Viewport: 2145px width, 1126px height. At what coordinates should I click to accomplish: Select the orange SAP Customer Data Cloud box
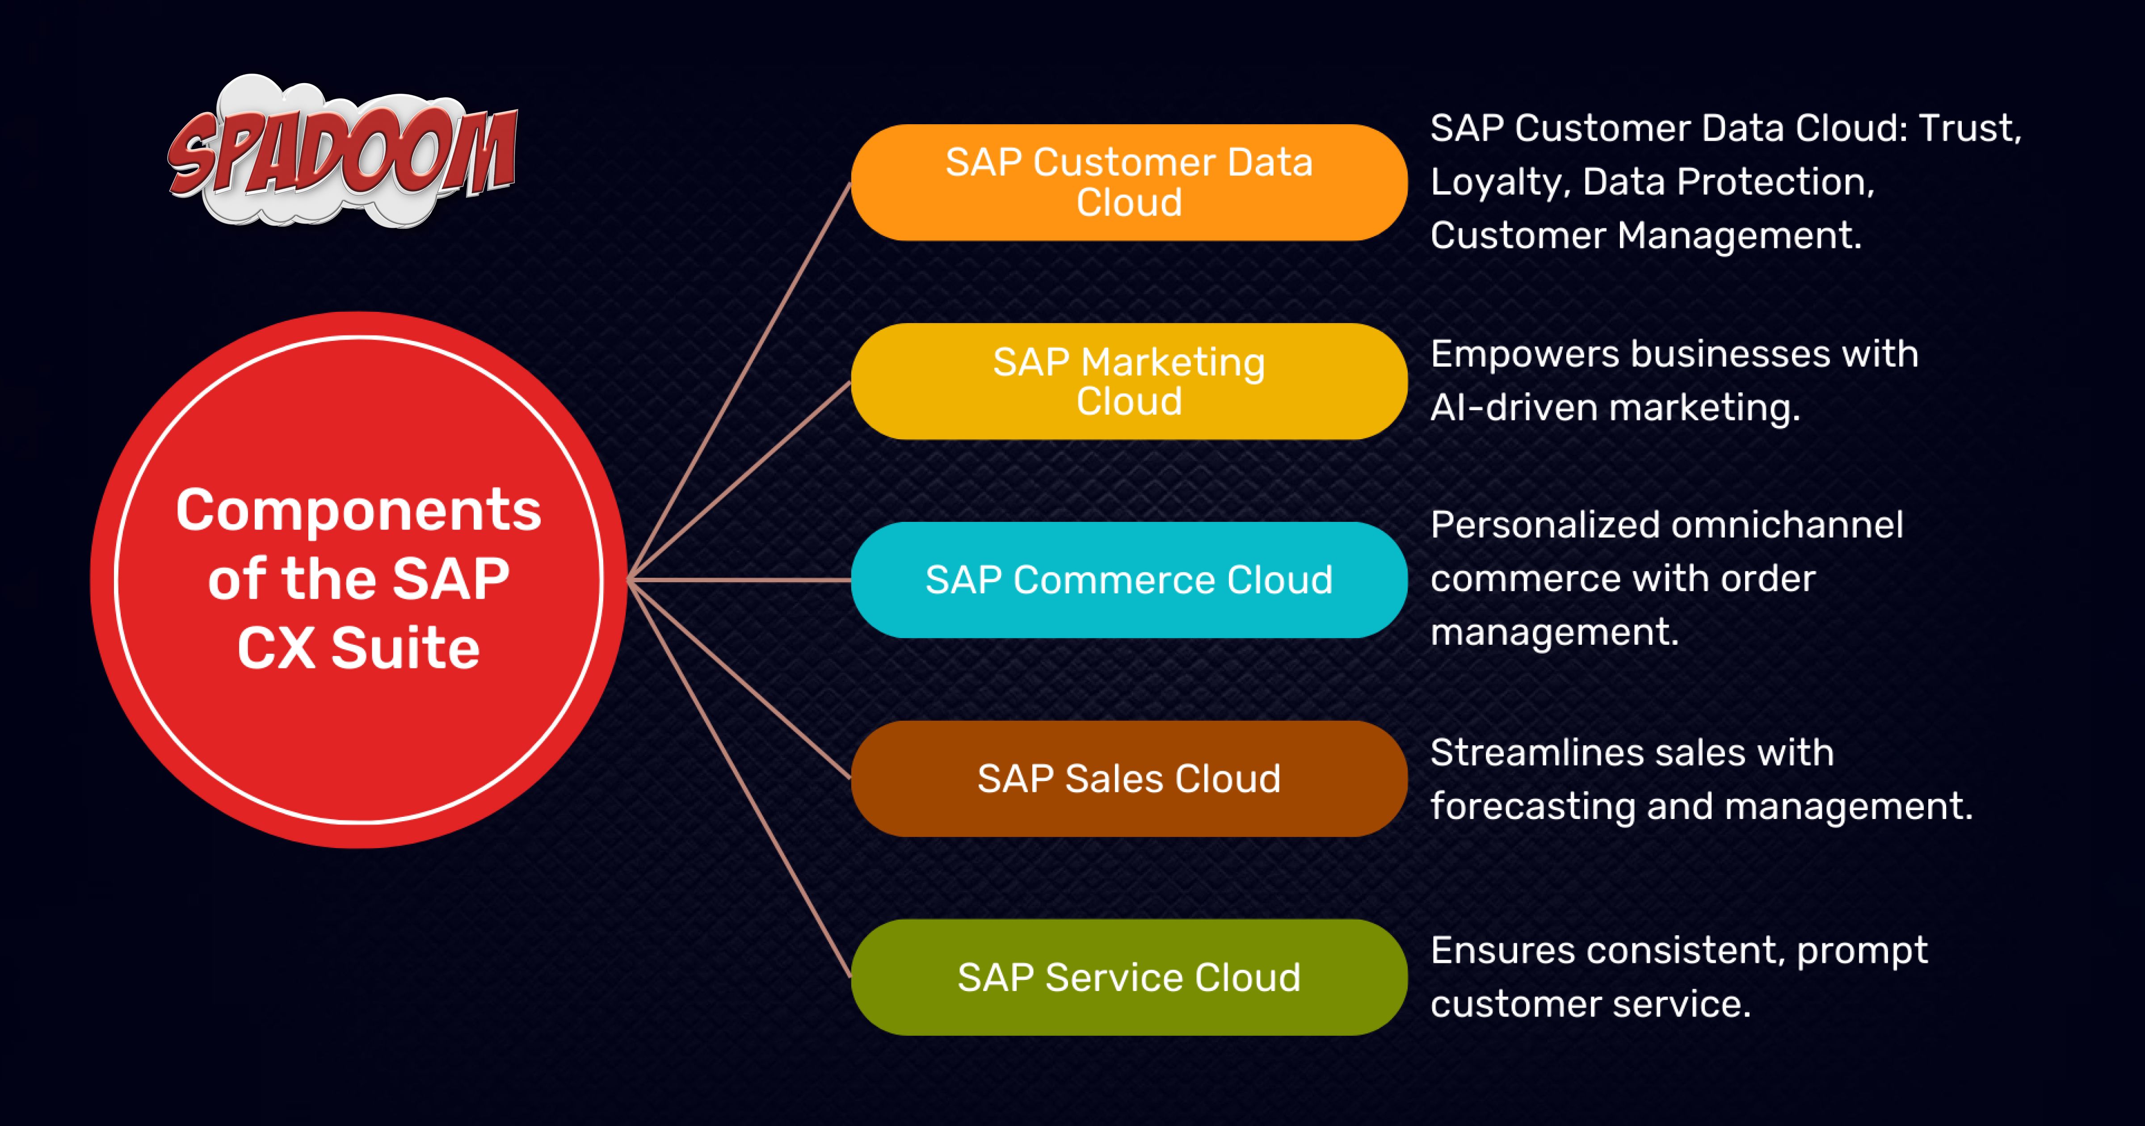point(1129,182)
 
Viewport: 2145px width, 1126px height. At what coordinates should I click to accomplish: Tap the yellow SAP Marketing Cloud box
point(1129,382)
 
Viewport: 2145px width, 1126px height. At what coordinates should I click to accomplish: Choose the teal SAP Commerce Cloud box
point(1129,580)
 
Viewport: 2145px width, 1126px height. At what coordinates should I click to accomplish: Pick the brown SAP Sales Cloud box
point(1129,779)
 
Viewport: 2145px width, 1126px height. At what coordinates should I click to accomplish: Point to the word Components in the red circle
point(359,511)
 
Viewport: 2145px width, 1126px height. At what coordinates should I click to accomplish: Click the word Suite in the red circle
point(405,648)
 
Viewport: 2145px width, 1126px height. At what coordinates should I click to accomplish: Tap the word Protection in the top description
point(1776,181)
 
